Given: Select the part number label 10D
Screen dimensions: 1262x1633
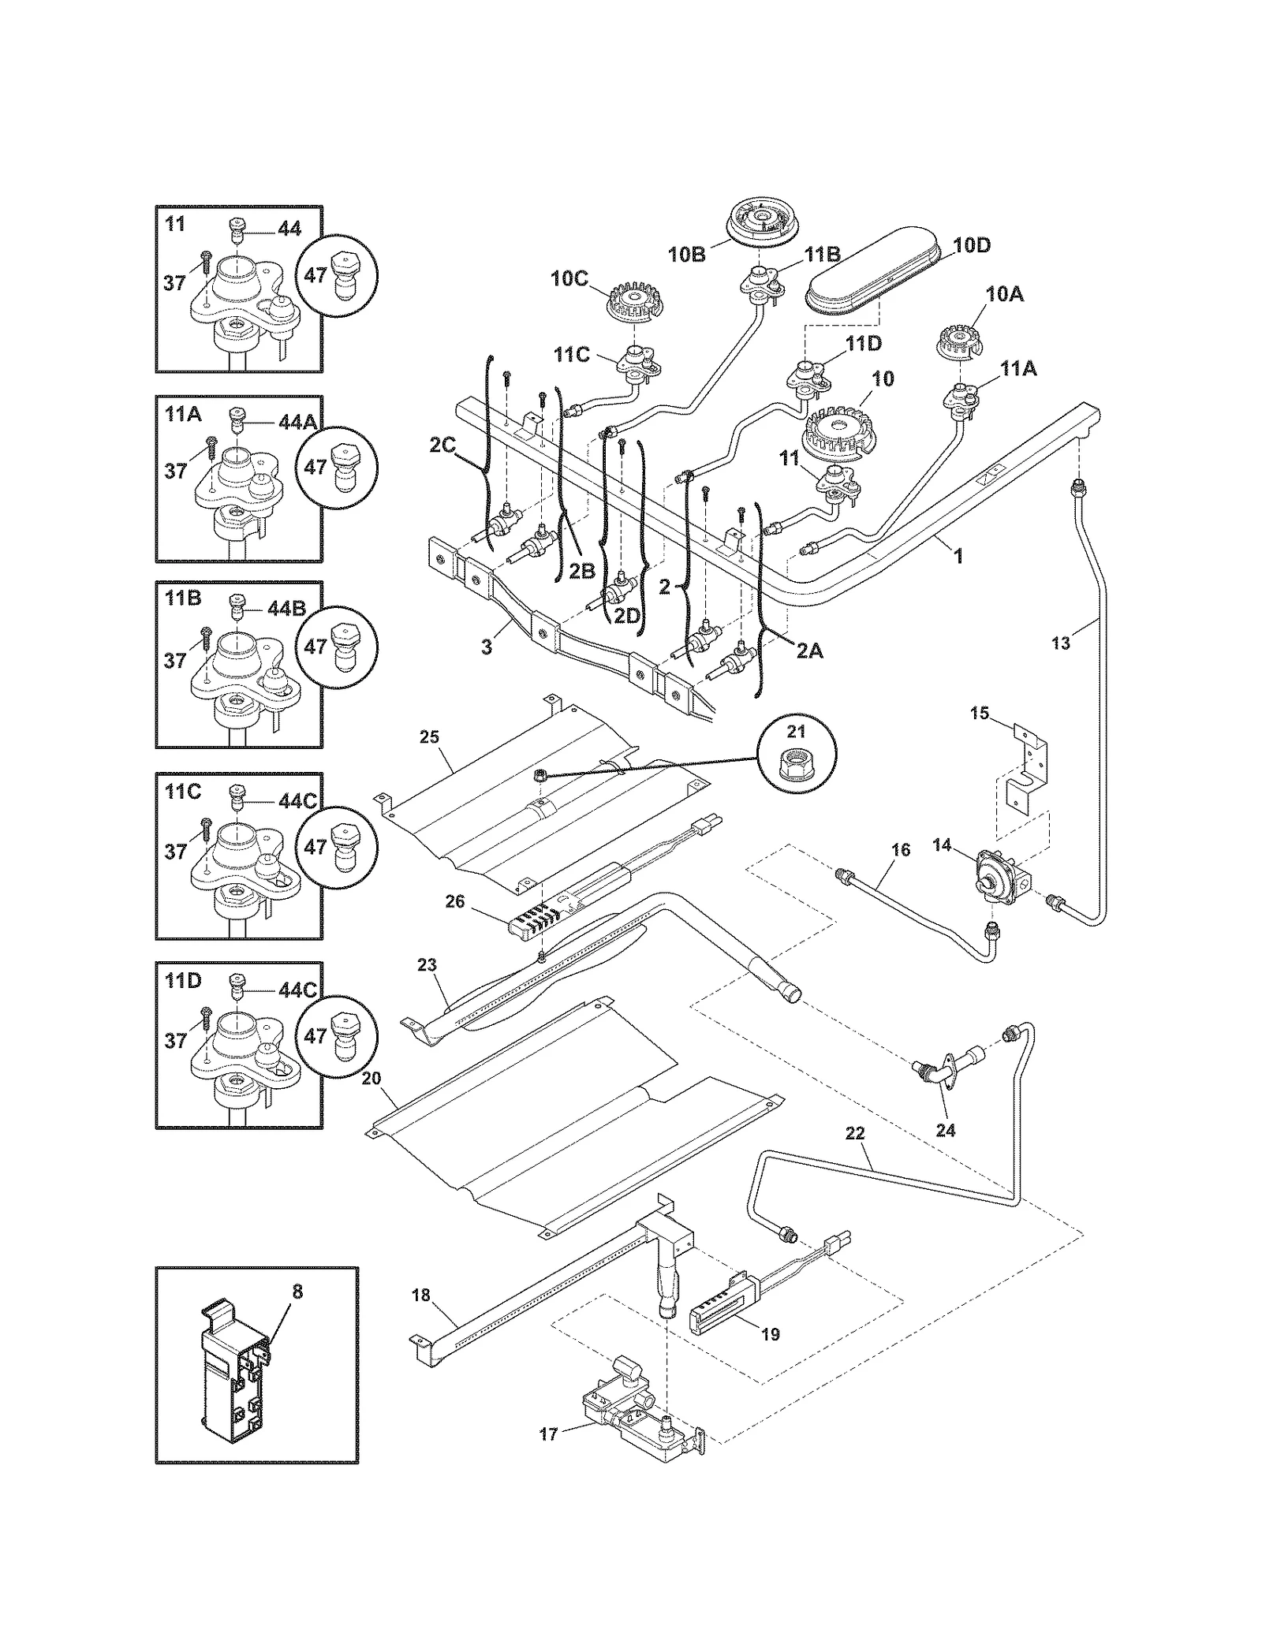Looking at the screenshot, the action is [971, 245].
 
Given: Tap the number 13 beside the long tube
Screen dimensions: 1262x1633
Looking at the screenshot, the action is [1061, 643].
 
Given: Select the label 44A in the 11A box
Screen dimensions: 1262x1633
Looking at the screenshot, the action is [297, 423].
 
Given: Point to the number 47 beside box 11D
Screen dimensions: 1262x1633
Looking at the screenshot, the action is [315, 1035].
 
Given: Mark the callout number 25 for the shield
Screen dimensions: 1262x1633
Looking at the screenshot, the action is [429, 736].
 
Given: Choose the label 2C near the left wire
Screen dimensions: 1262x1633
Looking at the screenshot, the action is [442, 446].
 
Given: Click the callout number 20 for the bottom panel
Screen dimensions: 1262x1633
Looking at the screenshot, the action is [371, 1077].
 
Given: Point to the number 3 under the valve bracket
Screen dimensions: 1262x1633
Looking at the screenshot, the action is [487, 647].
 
